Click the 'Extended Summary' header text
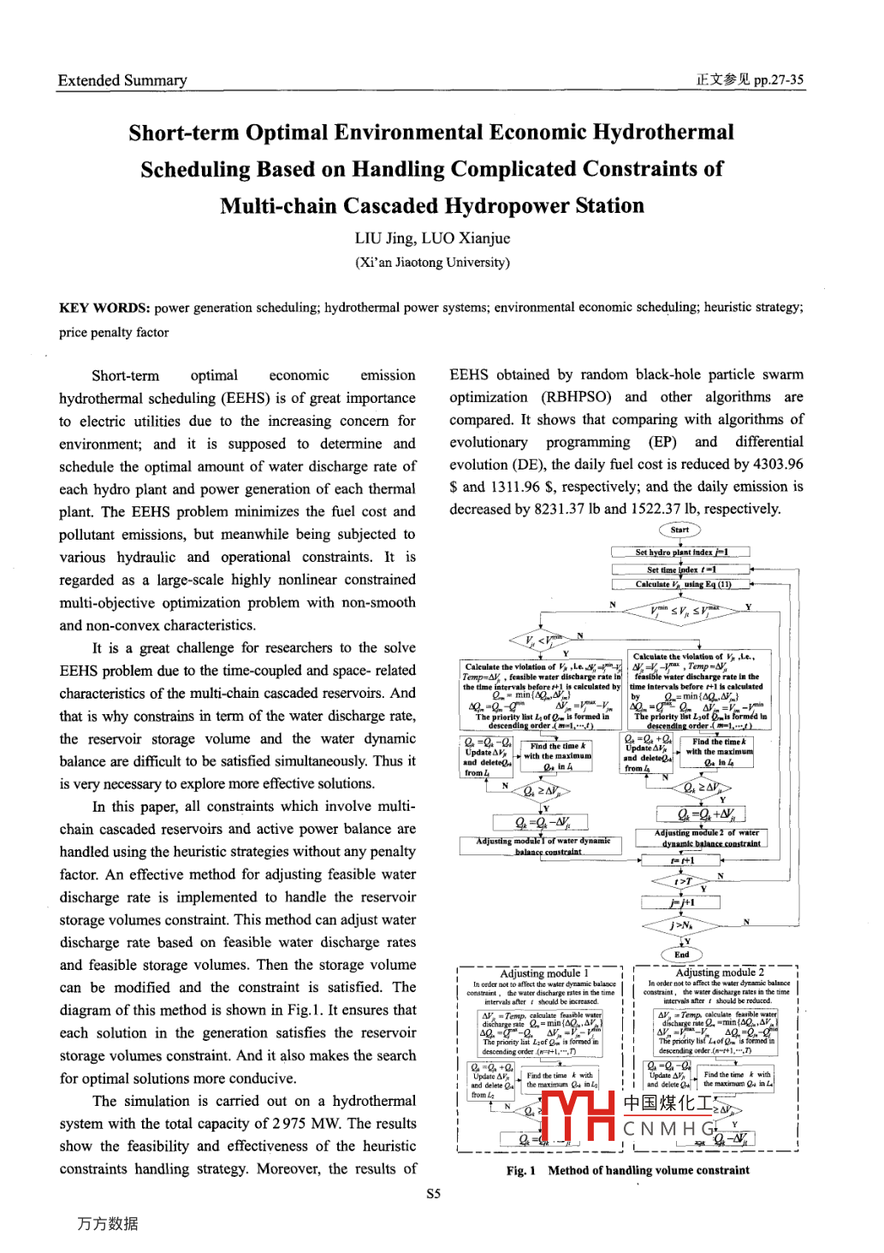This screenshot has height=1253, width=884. (x=122, y=80)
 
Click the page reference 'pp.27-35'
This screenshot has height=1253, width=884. (x=779, y=80)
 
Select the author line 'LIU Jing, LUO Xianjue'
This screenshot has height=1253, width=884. (x=432, y=239)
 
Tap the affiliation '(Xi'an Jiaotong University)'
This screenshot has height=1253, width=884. (x=432, y=263)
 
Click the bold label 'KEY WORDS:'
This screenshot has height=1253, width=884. (x=104, y=308)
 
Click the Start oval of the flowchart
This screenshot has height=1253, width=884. (x=679, y=530)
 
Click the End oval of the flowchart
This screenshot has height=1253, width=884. (x=681, y=955)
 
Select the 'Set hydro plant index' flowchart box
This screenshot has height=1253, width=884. (x=681, y=553)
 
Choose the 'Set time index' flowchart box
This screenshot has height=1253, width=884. (x=681, y=570)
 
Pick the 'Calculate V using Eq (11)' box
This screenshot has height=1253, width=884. (x=681, y=585)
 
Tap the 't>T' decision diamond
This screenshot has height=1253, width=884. (x=683, y=881)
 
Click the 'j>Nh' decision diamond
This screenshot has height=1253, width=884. (x=682, y=925)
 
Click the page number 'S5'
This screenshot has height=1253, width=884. (x=434, y=1194)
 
